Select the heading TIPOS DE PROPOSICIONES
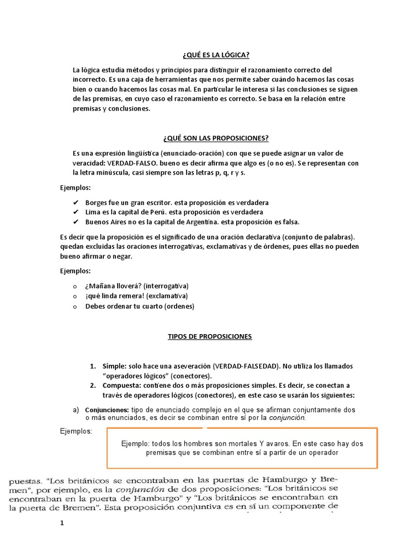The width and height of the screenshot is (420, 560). click(x=210, y=336)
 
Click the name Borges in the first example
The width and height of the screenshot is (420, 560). click(x=97, y=202)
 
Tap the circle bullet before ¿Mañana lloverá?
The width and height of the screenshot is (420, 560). click(x=75, y=287)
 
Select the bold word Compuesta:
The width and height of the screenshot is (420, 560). click(x=121, y=386)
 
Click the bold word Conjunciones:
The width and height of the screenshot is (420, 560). click(x=107, y=410)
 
